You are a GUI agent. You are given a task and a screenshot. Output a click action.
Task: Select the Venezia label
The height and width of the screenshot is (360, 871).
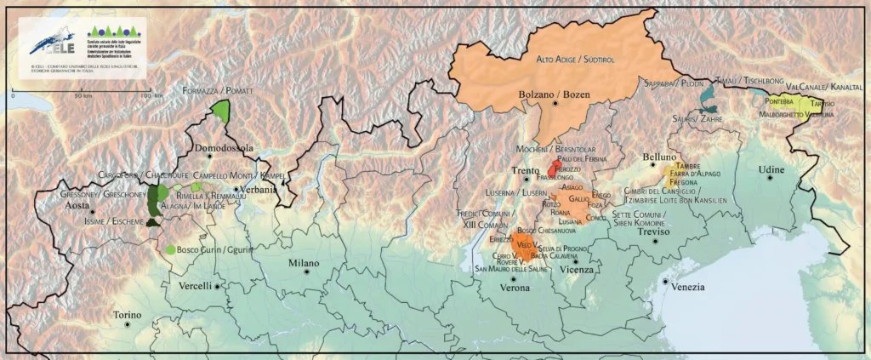[x=688, y=287]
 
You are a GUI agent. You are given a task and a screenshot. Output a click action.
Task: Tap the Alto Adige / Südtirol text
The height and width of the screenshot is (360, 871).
[x=574, y=60]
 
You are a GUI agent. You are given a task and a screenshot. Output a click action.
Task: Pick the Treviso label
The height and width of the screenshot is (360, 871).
[x=656, y=231]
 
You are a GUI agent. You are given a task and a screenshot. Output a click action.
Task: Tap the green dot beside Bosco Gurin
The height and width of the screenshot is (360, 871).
[x=171, y=249]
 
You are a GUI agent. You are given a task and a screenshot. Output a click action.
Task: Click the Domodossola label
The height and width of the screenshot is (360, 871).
[x=225, y=147]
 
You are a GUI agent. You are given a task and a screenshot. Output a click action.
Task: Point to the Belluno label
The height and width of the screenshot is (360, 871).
[x=659, y=157]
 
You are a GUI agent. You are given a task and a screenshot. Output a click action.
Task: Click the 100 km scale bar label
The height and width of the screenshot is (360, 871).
[x=151, y=95]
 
